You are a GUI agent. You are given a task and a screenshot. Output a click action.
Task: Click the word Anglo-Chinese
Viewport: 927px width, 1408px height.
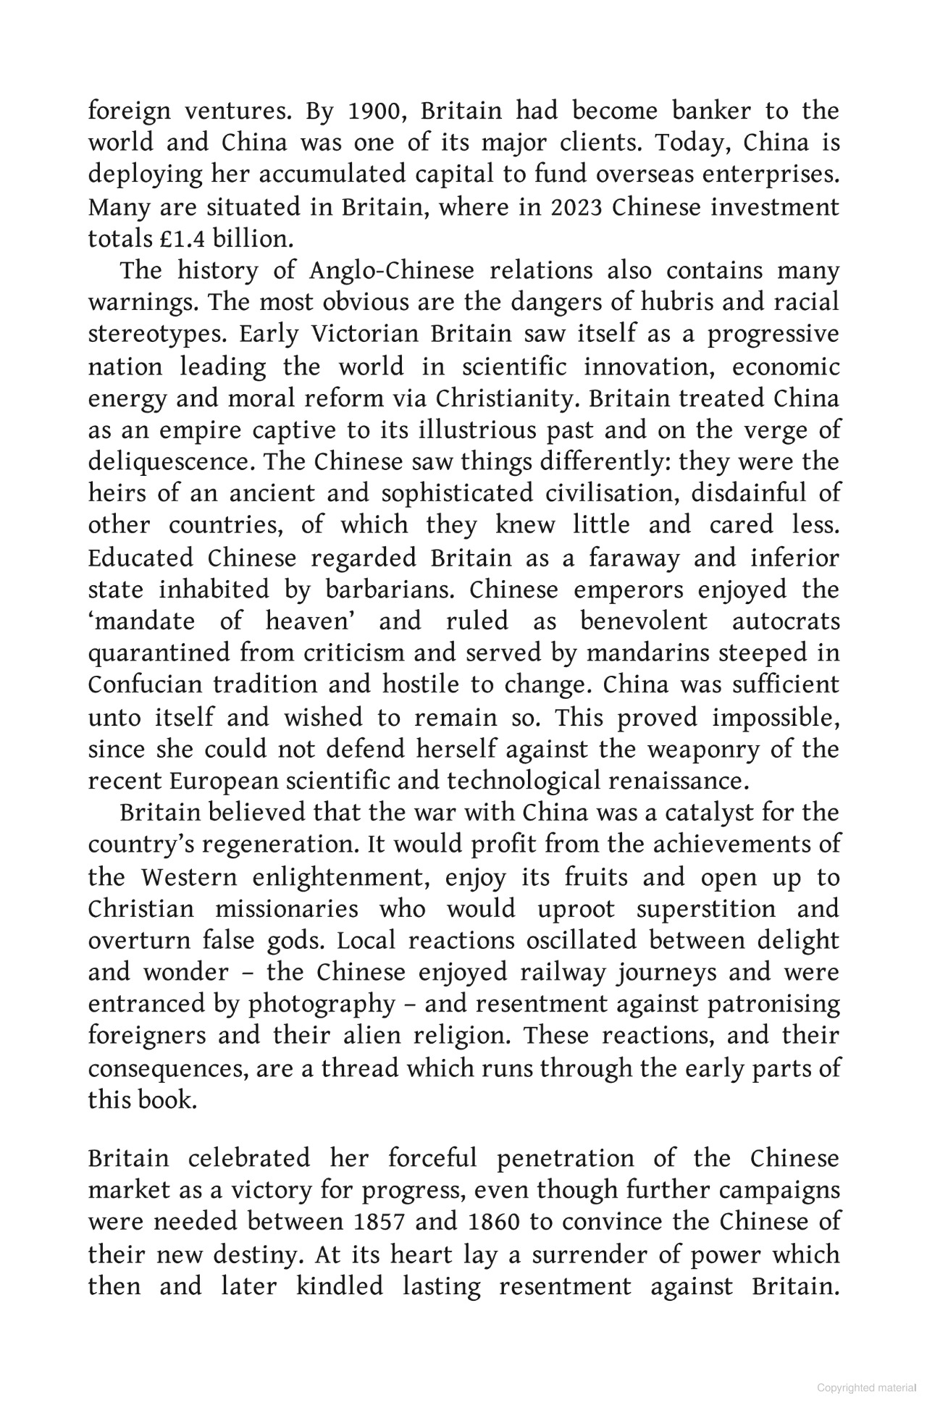(392, 271)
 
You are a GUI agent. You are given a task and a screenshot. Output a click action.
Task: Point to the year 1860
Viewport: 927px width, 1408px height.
(494, 1222)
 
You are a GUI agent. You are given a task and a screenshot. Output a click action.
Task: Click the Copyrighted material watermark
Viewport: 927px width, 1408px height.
(866, 1387)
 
